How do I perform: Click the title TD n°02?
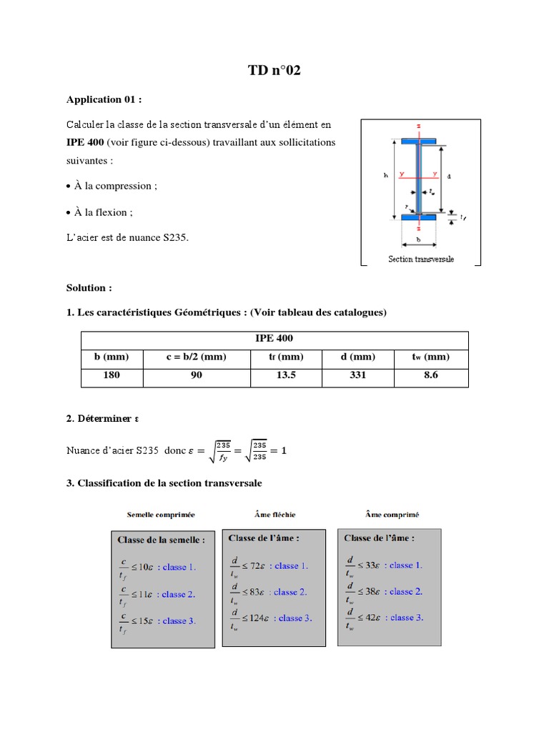click(274, 70)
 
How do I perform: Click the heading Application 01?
click(109, 99)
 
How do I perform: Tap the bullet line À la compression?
click(114, 186)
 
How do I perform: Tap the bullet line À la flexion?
click(102, 212)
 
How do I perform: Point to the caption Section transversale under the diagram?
click(421, 259)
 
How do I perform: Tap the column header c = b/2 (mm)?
click(197, 357)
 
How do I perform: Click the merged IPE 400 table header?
click(274, 338)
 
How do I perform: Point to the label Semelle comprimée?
click(161, 514)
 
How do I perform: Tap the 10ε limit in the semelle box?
click(144, 567)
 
